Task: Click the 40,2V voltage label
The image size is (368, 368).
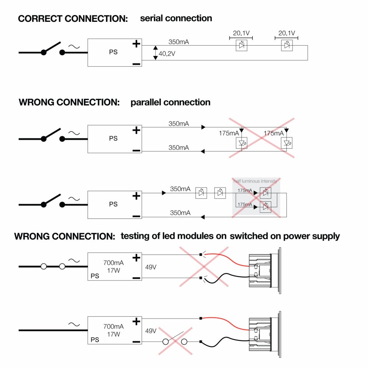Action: tap(167, 54)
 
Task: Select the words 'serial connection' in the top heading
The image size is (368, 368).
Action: tap(176, 18)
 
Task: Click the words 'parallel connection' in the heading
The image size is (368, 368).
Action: tap(170, 102)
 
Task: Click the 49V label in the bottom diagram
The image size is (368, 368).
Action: tap(151, 330)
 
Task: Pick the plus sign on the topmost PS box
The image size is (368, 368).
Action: tap(136, 44)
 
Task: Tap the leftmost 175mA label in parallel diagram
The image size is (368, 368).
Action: tap(229, 133)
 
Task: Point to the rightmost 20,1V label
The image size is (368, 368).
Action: tap(286, 33)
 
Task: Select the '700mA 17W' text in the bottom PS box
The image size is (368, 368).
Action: tap(113, 330)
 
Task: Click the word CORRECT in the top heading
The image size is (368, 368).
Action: tap(37, 18)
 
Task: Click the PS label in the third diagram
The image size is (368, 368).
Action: tap(113, 204)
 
